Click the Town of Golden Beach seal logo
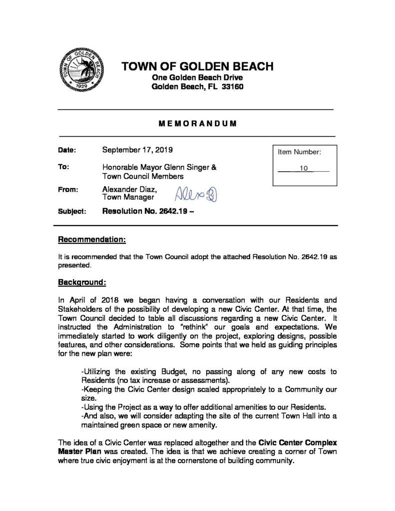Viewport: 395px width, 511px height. pos(79,70)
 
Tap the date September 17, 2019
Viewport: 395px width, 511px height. pos(137,149)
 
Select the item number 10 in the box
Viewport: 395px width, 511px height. pos(303,169)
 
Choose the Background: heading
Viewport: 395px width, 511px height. pos(82,282)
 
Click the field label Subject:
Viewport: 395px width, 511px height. pos(72,211)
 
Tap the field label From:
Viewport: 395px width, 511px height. pos(69,189)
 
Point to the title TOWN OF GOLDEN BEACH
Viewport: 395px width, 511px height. pos(198,66)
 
